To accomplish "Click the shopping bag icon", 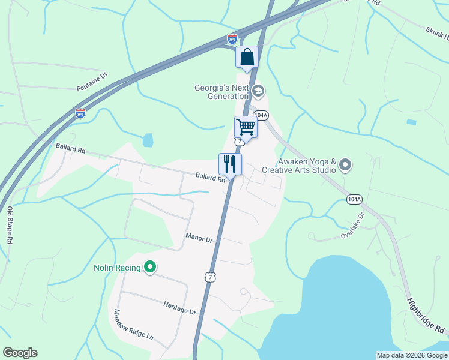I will [x=247, y=58].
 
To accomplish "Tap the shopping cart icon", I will [x=246, y=127].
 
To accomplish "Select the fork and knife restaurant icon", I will [x=230, y=163].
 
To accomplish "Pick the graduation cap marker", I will [x=258, y=91].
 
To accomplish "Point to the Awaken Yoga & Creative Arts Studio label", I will [x=306, y=166].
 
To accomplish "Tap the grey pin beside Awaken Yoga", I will [x=345, y=164].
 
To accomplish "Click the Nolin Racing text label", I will [x=116, y=268].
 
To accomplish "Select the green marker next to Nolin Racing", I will [x=150, y=268].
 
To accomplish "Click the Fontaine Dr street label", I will [x=91, y=82].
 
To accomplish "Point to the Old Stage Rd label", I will [x=10, y=225].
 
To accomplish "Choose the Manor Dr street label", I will [x=199, y=239].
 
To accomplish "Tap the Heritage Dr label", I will [x=180, y=308].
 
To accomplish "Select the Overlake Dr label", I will [x=353, y=226].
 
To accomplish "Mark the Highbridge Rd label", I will [x=427, y=317].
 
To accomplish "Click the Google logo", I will [x=20, y=353].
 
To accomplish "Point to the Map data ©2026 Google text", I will [x=412, y=355].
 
